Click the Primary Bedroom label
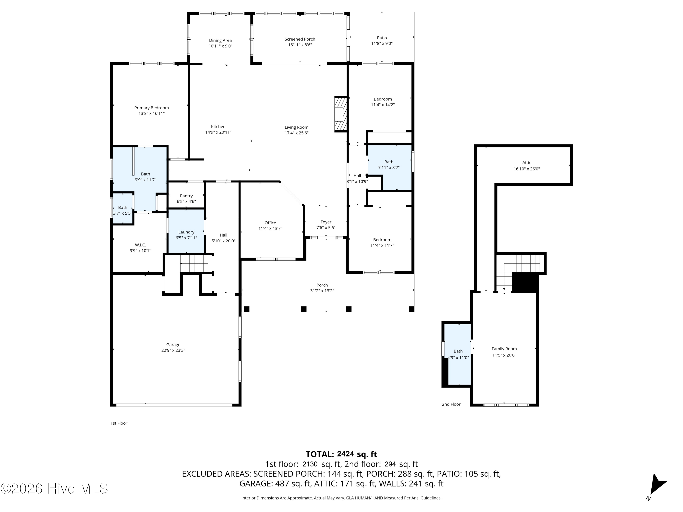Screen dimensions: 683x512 (x=151, y=108)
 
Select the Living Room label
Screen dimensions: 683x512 (x=296, y=127)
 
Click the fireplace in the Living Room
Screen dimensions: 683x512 (x=341, y=114)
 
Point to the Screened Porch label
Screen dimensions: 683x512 (x=300, y=39)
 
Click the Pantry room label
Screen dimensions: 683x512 (x=186, y=196)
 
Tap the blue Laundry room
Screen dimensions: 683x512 (x=186, y=231)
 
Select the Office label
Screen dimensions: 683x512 (x=270, y=223)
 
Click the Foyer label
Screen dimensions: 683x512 (x=326, y=222)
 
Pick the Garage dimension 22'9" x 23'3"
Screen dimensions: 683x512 (x=173, y=350)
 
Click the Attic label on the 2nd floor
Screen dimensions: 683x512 (x=527, y=163)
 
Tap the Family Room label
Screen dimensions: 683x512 (x=504, y=349)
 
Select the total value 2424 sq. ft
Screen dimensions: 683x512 (x=357, y=454)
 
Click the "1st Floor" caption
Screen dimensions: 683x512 (x=119, y=423)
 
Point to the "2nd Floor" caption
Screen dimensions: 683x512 (x=451, y=404)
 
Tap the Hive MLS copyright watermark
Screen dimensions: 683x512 (x=54, y=489)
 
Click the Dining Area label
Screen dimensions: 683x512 (x=220, y=41)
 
